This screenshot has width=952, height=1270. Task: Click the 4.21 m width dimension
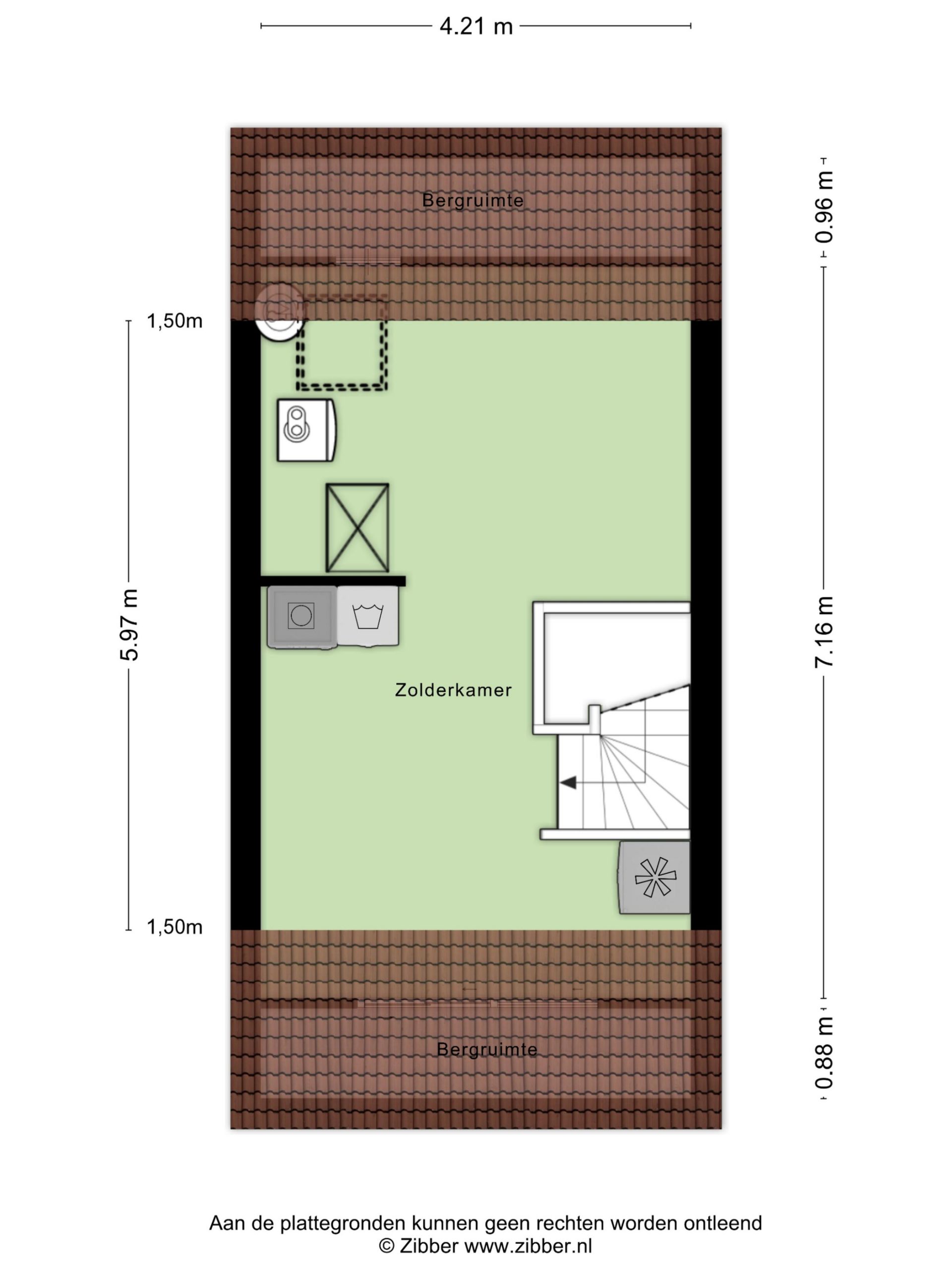click(476, 26)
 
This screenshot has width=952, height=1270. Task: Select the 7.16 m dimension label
click(824, 632)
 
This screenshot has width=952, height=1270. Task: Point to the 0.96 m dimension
click(824, 207)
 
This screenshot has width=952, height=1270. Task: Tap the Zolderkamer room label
click(453, 690)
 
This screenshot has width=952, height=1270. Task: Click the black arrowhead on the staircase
click(568, 782)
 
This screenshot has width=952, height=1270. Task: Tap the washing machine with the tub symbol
click(368, 616)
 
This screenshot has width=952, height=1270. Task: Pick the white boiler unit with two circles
click(306, 430)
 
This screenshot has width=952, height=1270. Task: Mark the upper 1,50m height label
click(175, 321)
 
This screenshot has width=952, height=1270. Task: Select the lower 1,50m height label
click(175, 927)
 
